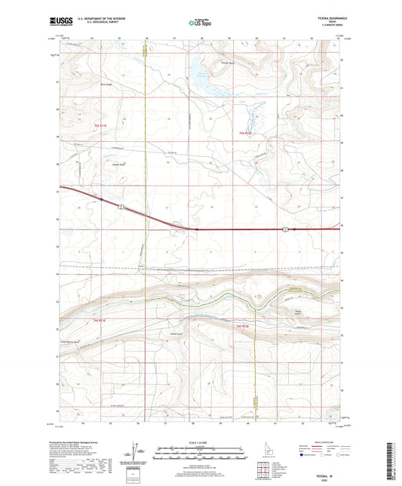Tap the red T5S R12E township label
pos(244,134)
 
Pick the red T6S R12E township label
pos(244,325)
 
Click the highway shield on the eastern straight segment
pos(285,229)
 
